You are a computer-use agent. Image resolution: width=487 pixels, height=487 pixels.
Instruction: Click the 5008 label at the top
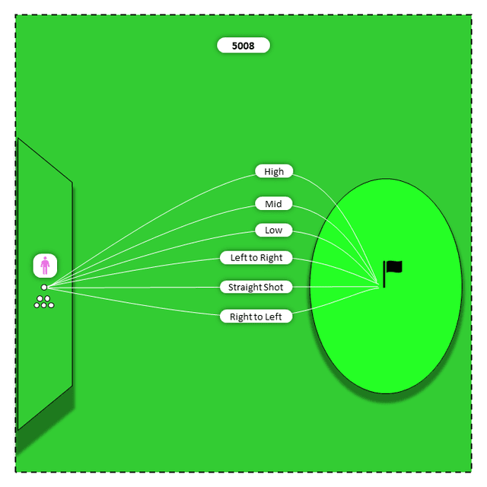pos(243,46)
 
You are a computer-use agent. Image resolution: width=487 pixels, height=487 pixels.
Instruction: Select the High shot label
pos(274,171)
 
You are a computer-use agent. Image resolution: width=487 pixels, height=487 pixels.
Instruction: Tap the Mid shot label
pos(274,204)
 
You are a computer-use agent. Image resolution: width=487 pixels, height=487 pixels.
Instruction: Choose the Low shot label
pos(274,230)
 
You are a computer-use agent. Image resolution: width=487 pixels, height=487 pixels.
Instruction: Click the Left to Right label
pos(256,257)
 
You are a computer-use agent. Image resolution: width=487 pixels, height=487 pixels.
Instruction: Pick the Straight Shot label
pos(256,287)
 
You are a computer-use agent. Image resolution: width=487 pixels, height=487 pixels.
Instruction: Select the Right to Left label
pos(256,317)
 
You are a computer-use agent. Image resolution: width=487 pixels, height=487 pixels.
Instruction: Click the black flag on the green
pos(393,274)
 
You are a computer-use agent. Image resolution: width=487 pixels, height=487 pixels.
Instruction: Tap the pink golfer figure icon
pos(45,266)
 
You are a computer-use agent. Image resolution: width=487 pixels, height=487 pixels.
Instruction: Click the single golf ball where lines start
pos(44,288)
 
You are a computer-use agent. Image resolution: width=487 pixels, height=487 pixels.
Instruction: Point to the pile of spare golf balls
pos(44,302)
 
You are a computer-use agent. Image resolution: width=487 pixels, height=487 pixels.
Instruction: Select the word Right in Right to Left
pos(240,317)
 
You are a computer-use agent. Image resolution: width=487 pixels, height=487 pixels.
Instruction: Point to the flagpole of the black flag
pos(384,274)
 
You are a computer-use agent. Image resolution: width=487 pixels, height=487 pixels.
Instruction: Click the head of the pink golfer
pos(45,258)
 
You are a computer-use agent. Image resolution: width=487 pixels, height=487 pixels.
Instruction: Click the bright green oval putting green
pos(386,286)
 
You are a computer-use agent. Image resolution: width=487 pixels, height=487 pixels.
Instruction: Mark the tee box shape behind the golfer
pos(45,284)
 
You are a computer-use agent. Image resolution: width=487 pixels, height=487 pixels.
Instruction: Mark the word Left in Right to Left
pos(274,317)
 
